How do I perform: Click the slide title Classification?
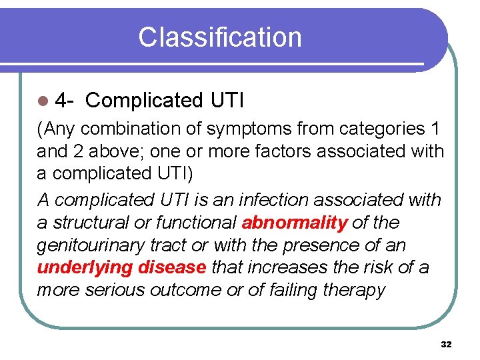click(x=219, y=37)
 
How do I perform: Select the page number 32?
click(x=446, y=344)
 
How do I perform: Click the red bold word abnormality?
click(x=295, y=222)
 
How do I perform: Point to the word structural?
click(x=96, y=222)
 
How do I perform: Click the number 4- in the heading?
click(x=64, y=101)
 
